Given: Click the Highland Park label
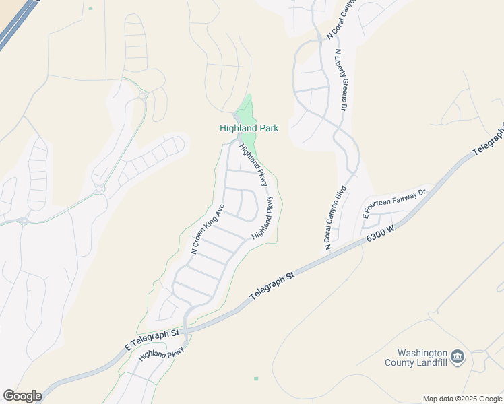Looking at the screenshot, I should point(249,128).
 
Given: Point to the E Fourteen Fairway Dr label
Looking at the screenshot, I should point(395,204).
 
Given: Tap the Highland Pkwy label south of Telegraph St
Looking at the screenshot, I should point(161,353).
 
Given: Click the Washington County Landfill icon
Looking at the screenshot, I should point(458,356).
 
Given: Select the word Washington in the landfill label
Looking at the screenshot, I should point(422,353).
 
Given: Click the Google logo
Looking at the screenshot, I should point(22,396).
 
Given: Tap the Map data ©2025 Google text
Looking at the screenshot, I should point(462,399).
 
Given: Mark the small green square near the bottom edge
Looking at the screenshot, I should point(256,379).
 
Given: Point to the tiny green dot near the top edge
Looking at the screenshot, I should point(90,9).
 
